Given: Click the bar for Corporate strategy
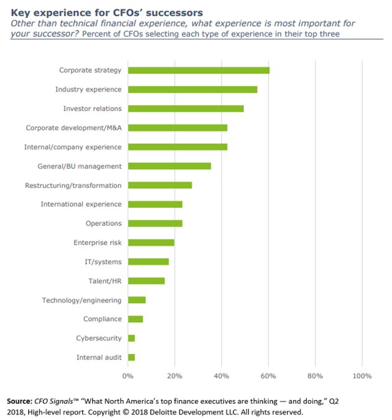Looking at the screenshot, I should tap(198, 70).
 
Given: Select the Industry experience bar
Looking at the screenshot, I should tap(192, 90).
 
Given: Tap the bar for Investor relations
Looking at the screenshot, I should tap(185, 109).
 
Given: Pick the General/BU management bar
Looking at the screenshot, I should tap(169, 166).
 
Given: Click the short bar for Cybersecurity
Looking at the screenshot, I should tap(131, 338).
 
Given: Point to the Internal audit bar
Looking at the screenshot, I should tap(131, 358).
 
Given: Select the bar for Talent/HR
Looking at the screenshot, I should tap(146, 281).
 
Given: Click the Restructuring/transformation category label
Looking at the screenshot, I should tap(73, 185).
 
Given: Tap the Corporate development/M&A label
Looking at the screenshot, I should tap(73, 128).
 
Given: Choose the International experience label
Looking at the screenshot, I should tap(81, 205).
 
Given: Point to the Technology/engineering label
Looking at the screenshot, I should tap(82, 301).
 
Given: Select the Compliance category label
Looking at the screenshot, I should tap(102, 319).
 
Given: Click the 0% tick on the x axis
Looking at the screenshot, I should tap(128, 376).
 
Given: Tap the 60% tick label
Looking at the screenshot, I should tap(268, 376).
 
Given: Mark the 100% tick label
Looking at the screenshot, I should tap(362, 376).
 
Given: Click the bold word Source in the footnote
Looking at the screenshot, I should tap(20, 401).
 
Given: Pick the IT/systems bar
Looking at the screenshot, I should tap(148, 262).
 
